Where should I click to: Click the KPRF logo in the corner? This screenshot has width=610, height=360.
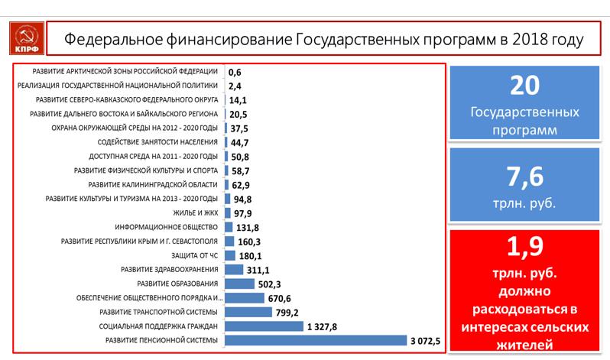click(x=22, y=37)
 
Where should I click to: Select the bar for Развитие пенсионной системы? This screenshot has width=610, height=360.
click(x=316, y=340)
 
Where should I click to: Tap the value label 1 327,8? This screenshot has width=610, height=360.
click(x=322, y=326)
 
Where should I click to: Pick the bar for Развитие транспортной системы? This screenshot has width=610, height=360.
click(x=248, y=312)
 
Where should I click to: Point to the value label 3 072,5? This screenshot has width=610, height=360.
click(x=425, y=340)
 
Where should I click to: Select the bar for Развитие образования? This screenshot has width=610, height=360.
click(x=239, y=284)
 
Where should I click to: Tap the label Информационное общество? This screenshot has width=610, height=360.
click(x=167, y=227)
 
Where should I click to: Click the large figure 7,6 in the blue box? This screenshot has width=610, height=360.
click(x=525, y=178)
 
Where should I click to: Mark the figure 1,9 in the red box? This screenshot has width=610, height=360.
click(x=525, y=248)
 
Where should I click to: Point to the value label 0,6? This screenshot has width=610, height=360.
click(x=235, y=71)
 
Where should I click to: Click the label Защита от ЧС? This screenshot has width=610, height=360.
click(x=197, y=255)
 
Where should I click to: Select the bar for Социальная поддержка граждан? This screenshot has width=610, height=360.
click(x=264, y=326)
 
